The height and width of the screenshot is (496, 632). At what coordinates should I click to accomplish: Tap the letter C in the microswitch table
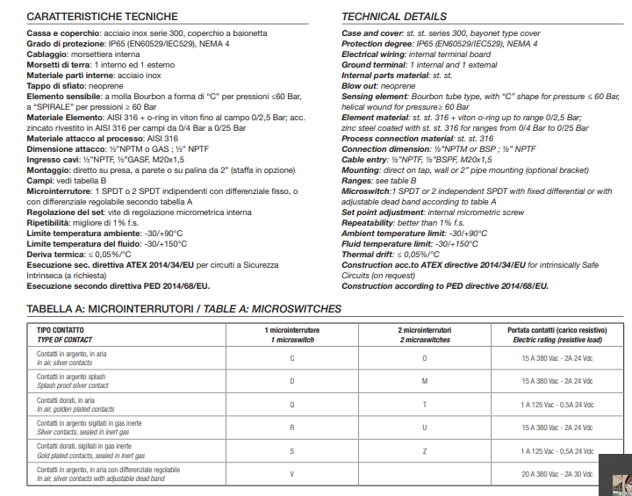tap(292, 358)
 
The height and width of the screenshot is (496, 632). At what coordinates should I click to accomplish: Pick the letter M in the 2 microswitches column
tap(424, 381)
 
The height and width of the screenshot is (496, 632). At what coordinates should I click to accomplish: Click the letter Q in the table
tap(292, 405)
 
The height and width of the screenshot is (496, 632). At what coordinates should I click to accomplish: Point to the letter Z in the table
tap(424, 450)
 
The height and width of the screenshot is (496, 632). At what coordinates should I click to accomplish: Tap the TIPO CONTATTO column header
tap(62, 329)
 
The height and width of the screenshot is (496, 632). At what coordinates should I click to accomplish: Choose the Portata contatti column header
tap(557, 329)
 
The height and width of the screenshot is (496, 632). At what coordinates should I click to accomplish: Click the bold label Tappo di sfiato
tap(62, 87)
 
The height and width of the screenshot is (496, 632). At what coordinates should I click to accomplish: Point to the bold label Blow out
tap(362, 87)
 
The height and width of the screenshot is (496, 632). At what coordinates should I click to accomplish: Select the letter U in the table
tap(424, 428)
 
